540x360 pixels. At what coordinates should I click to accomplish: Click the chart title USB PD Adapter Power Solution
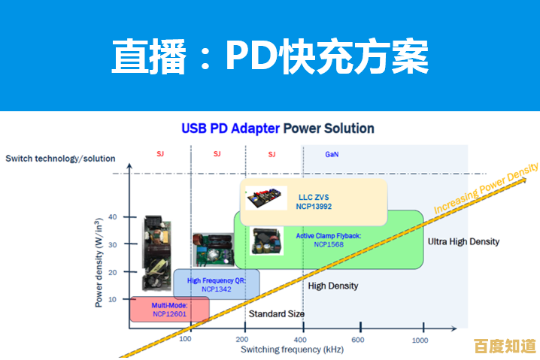[x=278, y=129]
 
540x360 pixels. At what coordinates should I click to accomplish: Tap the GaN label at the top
[x=332, y=154]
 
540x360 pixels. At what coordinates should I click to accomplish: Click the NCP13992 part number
[x=314, y=207]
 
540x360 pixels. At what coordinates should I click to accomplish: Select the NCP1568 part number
[x=329, y=244]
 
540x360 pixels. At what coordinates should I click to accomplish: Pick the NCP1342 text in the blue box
[x=217, y=289]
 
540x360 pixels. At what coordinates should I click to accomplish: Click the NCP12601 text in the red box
[x=169, y=314]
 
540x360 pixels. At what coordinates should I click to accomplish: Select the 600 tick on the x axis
[x=358, y=340]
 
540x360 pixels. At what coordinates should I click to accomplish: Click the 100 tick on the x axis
[x=187, y=340]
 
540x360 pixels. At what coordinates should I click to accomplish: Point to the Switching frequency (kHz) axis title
[x=282, y=349]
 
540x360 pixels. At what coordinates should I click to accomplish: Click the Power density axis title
[x=99, y=262]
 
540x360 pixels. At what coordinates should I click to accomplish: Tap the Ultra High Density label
[x=463, y=241]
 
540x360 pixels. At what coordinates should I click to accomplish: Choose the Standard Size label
[x=277, y=313]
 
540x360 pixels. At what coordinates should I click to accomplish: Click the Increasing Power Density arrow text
[x=487, y=190]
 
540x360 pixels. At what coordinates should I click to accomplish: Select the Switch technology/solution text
[x=60, y=159]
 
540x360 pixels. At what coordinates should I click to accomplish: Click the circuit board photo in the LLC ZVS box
[x=267, y=198]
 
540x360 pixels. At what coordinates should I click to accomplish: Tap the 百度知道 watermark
[x=505, y=346]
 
